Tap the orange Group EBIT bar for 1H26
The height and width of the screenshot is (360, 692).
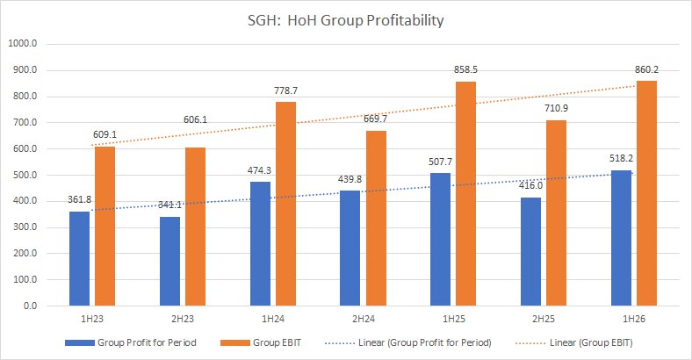coord(646,193)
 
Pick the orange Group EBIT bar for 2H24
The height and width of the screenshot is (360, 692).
coord(376,219)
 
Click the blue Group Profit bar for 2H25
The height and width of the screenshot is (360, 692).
coord(530,252)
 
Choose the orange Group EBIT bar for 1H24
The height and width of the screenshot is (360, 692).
coord(285,204)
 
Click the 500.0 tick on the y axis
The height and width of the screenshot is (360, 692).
coord(24,175)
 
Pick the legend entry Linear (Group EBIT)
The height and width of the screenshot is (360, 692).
coord(591,342)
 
